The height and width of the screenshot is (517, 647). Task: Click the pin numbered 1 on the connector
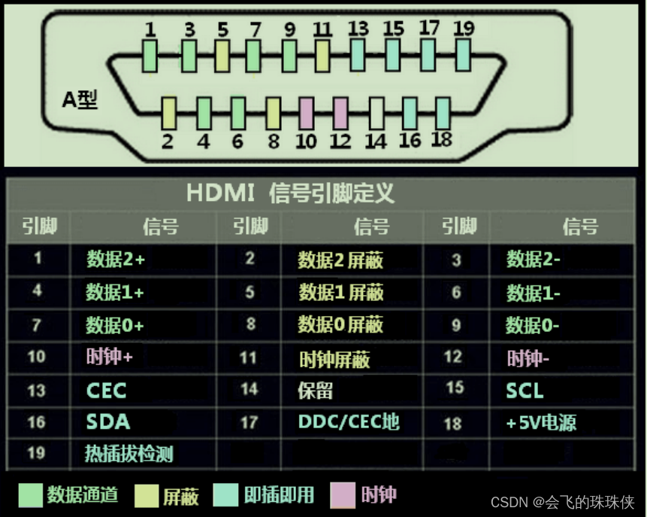coord(150,54)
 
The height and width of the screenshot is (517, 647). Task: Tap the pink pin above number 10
coord(306,112)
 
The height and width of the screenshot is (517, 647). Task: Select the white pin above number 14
coord(375,112)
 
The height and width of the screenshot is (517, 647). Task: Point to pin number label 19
coord(464,29)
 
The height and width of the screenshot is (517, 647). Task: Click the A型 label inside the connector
coord(80,99)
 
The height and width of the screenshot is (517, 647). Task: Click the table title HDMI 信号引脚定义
coord(290,193)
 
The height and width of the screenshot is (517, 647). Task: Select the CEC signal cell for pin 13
coord(106,391)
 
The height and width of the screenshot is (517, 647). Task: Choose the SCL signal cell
coord(525,391)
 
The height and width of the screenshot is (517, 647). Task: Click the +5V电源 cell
coord(541,423)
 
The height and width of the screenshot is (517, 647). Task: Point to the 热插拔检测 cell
coord(129,454)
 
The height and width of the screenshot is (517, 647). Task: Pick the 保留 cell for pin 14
coord(315,391)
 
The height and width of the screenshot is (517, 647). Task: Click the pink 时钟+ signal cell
coord(109,357)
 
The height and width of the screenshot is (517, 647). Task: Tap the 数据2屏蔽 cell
coord(340,260)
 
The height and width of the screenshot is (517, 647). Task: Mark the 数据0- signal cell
coord(532,324)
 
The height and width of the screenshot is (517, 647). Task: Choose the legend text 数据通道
coord(83,495)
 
